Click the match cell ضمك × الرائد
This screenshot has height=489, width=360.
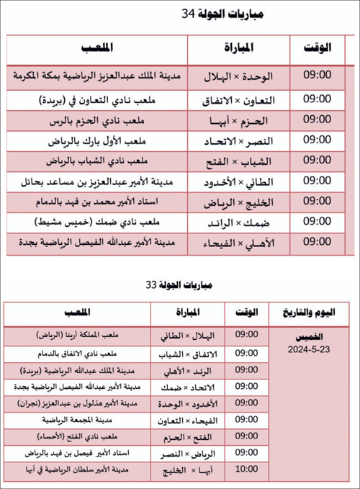(x=238, y=222)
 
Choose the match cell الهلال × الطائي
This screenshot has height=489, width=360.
(x=189, y=336)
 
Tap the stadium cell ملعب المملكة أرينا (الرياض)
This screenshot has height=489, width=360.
(x=79, y=336)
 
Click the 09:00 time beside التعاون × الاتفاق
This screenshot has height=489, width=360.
(x=318, y=97)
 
